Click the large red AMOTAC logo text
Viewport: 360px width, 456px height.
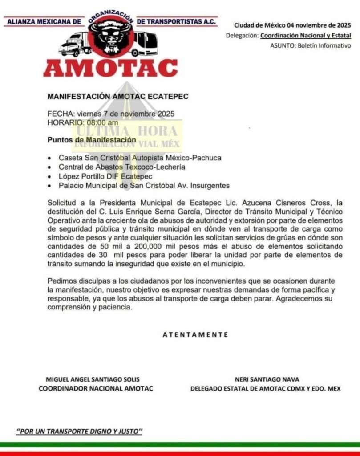click(x=110, y=68)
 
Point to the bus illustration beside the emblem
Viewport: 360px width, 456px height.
click(x=146, y=43)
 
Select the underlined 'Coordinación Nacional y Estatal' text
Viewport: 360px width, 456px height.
click(x=305, y=35)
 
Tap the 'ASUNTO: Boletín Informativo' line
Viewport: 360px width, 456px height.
click(x=310, y=45)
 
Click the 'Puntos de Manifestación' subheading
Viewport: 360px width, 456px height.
click(x=92, y=140)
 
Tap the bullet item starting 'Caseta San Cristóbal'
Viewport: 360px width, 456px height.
click(x=140, y=158)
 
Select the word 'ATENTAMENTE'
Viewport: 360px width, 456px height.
click(x=195, y=334)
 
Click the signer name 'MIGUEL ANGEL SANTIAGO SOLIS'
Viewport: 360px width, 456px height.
click(x=93, y=379)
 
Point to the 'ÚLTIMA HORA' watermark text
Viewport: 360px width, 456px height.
click(x=128, y=131)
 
